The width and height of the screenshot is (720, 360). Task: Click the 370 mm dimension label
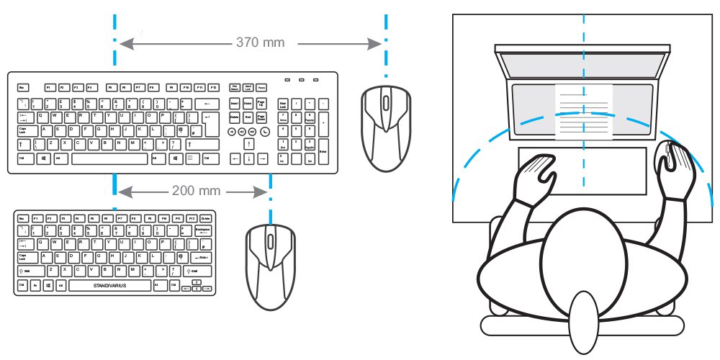260,42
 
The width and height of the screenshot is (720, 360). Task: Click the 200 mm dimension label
192,192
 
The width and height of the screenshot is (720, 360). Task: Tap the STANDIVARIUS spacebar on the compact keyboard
109,286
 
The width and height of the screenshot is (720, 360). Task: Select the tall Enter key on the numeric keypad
323,150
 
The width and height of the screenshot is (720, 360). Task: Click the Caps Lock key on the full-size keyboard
24,131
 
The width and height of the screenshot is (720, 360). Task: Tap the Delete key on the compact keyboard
207,217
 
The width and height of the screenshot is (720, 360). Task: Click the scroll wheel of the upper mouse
387,103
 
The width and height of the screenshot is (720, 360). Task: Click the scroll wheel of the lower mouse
269,240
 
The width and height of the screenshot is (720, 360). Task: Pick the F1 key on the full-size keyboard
48,88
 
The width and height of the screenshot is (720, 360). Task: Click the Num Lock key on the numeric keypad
283,104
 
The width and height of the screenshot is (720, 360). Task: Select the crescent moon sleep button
265,132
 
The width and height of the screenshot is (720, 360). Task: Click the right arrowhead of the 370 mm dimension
375,44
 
